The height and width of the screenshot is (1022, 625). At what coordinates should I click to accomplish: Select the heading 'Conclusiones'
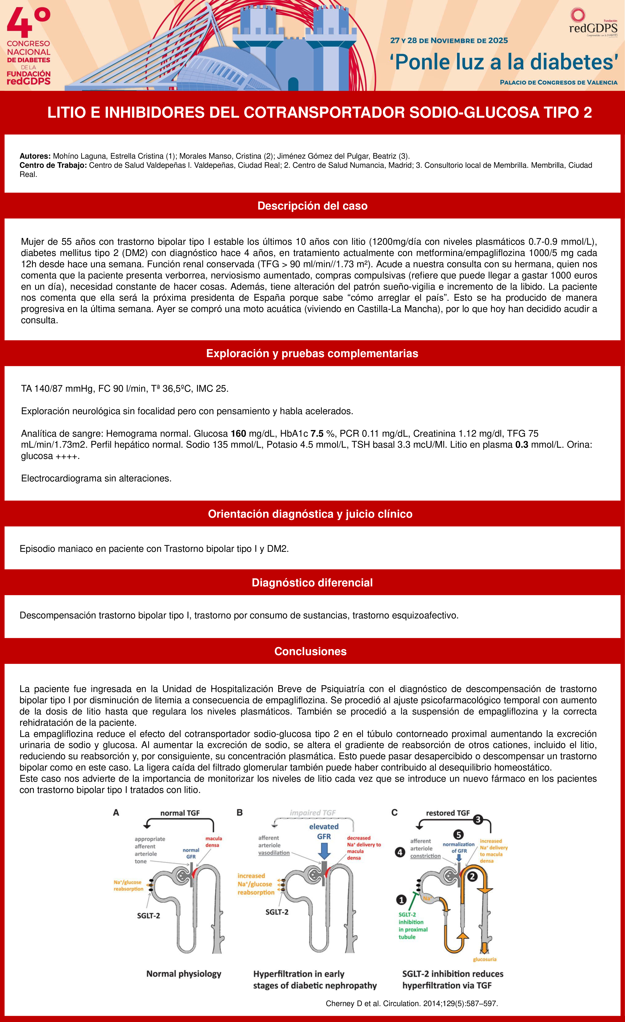[310, 651]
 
